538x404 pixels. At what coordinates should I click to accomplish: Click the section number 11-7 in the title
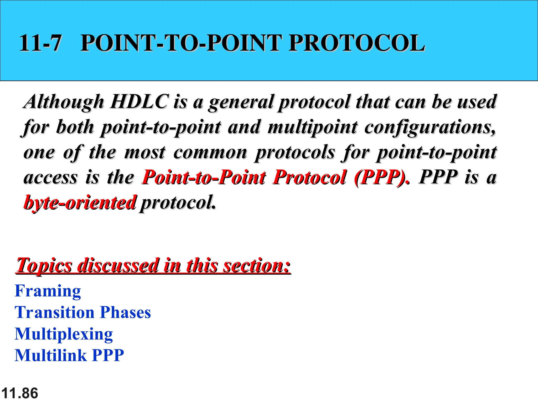[x=40, y=43]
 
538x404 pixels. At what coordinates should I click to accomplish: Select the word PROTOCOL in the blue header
[x=356, y=43]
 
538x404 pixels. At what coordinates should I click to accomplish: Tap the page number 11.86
[x=20, y=393]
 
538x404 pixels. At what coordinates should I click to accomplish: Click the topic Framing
[x=48, y=291]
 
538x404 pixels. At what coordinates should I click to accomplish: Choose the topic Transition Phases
[x=83, y=312]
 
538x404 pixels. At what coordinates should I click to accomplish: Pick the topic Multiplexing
[x=64, y=334]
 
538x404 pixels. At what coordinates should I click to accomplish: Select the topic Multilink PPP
[x=69, y=355]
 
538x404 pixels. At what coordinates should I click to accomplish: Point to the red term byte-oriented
[x=80, y=203]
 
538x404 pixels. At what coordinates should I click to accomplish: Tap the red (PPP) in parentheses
[x=380, y=177]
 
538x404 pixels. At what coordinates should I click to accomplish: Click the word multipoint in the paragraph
[x=313, y=127]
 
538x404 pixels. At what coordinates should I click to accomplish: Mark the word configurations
[x=430, y=127]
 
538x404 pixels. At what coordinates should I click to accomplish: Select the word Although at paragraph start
[x=64, y=102]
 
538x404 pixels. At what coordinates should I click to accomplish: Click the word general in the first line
[x=241, y=102]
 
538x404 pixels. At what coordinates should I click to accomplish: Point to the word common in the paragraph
[x=210, y=152]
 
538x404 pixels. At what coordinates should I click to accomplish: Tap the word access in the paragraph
[x=50, y=178]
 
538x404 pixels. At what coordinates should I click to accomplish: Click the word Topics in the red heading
[x=44, y=266]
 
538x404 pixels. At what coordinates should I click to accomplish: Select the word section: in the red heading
[x=257, y=266]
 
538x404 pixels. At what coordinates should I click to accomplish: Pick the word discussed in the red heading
[x=118, y=266]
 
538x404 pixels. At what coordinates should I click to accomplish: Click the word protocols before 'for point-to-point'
[x=295, y=153]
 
